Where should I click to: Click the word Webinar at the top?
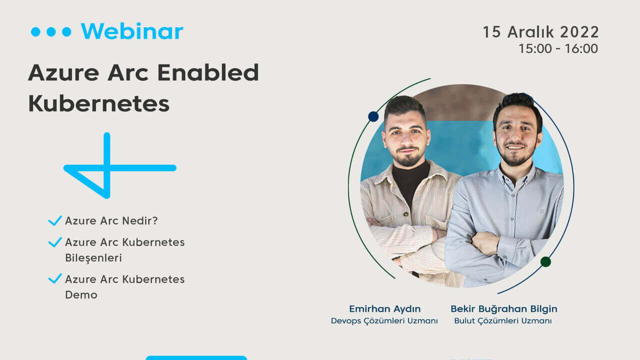pyautogui.click(x=132, y=31)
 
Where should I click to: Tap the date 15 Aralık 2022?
pyautogui.click(x=540, y=32)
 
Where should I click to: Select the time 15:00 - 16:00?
pyautogui.click(x=558, y=48)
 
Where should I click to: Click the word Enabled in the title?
pyautogui.click(x=208, y=72)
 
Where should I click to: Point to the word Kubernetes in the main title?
pyautogui.click(x=99, y=103)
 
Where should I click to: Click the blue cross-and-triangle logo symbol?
pyautogui.click(x=119, y=165)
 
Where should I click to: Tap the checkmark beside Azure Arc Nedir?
pyautogui.click(x=55, y=220)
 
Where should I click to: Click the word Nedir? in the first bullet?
pyautogui.click(x=139, y=220)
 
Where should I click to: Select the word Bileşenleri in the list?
pyautogui.click(x=93, y=257)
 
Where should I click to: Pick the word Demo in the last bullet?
pyautogui.click(x=81, y=294)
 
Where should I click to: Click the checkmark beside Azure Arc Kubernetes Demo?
pyautogui.click(x=55, y=278)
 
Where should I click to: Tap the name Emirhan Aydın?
pyautogui.click(x=384, y=309)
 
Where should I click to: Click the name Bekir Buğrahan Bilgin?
pyautogui.click(x=504, y=309)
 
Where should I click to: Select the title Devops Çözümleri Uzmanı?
pyautogui.click(x=384, y=321)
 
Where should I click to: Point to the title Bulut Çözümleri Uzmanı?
pyautogui.click(x=503, y=321)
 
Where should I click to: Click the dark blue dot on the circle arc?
pyautogui.click(x=373, y=116)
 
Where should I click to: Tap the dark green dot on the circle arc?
pyautogui.click(x=545, y=261)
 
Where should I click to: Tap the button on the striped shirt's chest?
pyautogui.click(x=405, y=214)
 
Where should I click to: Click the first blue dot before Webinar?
pyautogui.click(x=35, y=31)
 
